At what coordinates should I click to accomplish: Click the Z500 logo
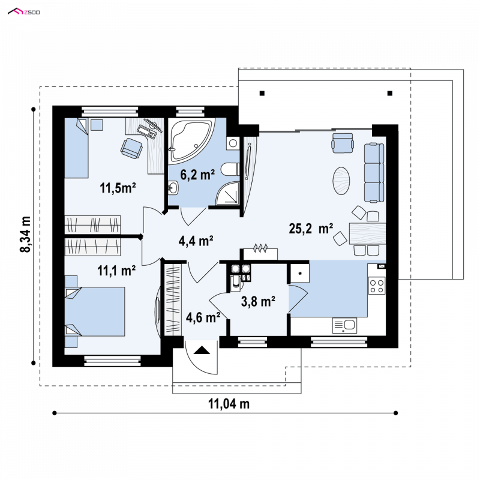tap(23, 12)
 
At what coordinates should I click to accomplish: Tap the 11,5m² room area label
tap(118, 188)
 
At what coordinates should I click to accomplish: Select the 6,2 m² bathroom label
tap(197, 175)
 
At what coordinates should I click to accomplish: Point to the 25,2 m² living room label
tap(311, 229)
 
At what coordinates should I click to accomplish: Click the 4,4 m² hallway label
tap(196, 241)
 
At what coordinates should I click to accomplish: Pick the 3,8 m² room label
tap(258, 301)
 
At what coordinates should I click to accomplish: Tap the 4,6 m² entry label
tap(203, 317)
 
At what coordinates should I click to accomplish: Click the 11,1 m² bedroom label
tap(116, 271)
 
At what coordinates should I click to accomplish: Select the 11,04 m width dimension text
tap(229, 404)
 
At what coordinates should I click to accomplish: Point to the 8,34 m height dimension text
tap(25, 234)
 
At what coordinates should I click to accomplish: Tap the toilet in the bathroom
tap(230, 169)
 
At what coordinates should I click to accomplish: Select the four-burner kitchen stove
tap(377, 286)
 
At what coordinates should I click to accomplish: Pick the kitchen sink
tap(344, 325)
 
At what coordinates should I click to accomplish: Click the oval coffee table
tap(341, 181)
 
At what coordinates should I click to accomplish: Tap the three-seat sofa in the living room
tap(374, 173)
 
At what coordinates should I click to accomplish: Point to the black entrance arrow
tap(202, 350)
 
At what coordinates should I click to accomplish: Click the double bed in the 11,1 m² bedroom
tap(95, 311)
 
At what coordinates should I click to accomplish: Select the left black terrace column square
tap(262, 94)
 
